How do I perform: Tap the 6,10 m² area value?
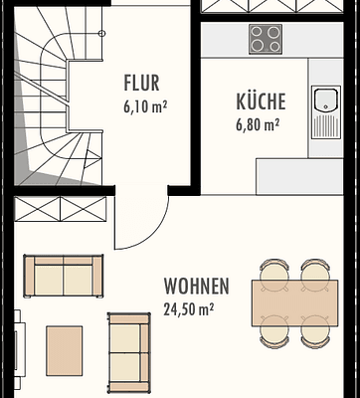tap(144, 103)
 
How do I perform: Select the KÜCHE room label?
tap(261, 101)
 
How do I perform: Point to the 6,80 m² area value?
tap(258, 123)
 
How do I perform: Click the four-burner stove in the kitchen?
tap(265, 40)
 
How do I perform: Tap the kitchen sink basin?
tap(324, 101)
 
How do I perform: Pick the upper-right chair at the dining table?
tap(314, 269)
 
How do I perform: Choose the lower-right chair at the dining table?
tap(314, 340)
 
